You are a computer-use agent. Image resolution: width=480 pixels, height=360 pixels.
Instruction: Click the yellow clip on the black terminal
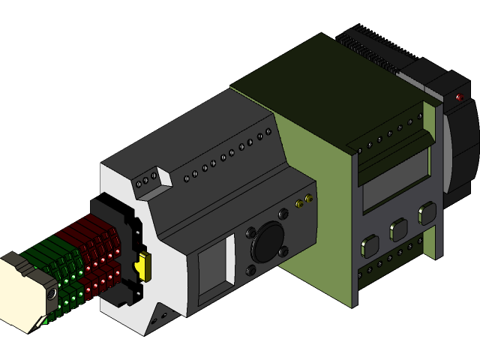(x=144, y=265)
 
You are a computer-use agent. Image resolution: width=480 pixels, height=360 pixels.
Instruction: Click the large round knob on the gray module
(x=266, y=241)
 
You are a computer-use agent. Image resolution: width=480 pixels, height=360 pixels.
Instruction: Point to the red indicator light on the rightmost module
(x=459, y=97)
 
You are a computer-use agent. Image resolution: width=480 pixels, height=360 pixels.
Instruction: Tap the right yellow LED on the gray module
(x=308, y=199)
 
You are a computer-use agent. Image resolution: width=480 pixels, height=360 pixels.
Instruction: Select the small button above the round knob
(x=283, y=214)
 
